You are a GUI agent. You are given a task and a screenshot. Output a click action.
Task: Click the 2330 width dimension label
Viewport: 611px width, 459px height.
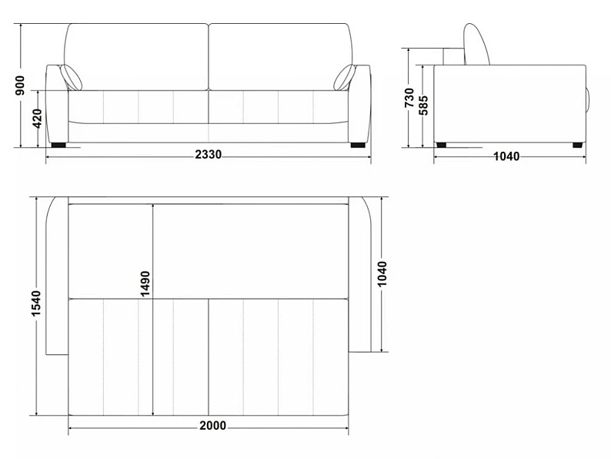tap(208, 155)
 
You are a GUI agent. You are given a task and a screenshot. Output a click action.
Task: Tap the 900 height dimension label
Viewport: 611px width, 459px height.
tap(19, 85)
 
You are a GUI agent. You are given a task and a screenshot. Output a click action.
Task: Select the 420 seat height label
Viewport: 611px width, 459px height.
tap(38, 119)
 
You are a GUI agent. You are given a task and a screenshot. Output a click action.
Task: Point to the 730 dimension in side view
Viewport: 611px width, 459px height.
tap(409, 98)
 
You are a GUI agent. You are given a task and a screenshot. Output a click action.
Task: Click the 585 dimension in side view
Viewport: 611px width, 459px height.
tap(423, 106)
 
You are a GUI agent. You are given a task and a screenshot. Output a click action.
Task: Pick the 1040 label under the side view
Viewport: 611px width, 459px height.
tap(506, 156)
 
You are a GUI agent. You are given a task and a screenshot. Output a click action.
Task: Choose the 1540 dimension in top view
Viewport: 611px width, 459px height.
tap(36, 303)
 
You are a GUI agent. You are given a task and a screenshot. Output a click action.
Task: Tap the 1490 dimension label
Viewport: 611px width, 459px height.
tap(145, 283)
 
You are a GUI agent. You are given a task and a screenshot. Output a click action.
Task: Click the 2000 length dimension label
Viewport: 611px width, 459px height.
tap(212, 425)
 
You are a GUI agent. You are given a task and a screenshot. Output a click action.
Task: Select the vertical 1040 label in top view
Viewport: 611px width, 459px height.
tap(382, 273)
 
